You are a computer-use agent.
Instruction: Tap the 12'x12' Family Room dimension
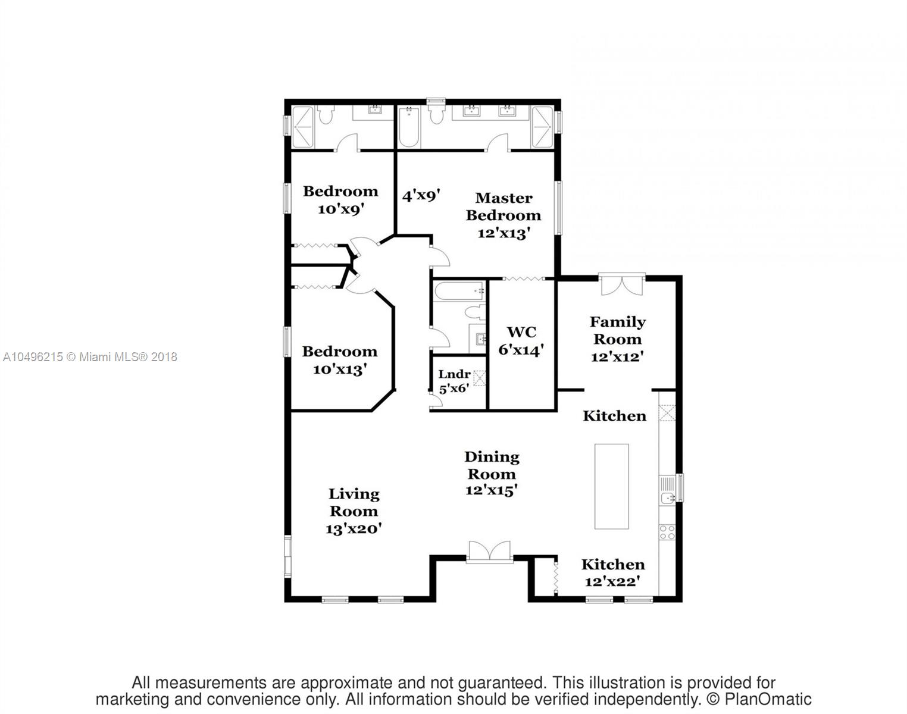click(617, 357)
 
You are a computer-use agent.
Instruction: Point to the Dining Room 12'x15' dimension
click(491, 491)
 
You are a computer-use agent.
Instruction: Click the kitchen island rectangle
click(611, 486)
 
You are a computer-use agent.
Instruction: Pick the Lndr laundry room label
click(454, 374)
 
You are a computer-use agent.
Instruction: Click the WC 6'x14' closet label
click(521, 341)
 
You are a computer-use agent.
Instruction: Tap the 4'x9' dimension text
click(421, 195)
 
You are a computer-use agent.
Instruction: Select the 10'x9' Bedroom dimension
click(340, 209)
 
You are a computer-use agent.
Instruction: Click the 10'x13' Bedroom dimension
click(339, 369)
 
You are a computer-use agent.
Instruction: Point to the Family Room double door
click(622, 284)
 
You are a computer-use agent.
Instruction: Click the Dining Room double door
click(489, 552)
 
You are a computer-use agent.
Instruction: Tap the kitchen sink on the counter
click(667, 497)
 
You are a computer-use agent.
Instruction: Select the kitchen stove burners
click(667, 532)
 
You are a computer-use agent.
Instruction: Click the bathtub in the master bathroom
click(409, 127)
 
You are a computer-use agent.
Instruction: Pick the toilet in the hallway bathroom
click(474, 312)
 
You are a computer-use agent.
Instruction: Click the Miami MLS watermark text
click(90, 357)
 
